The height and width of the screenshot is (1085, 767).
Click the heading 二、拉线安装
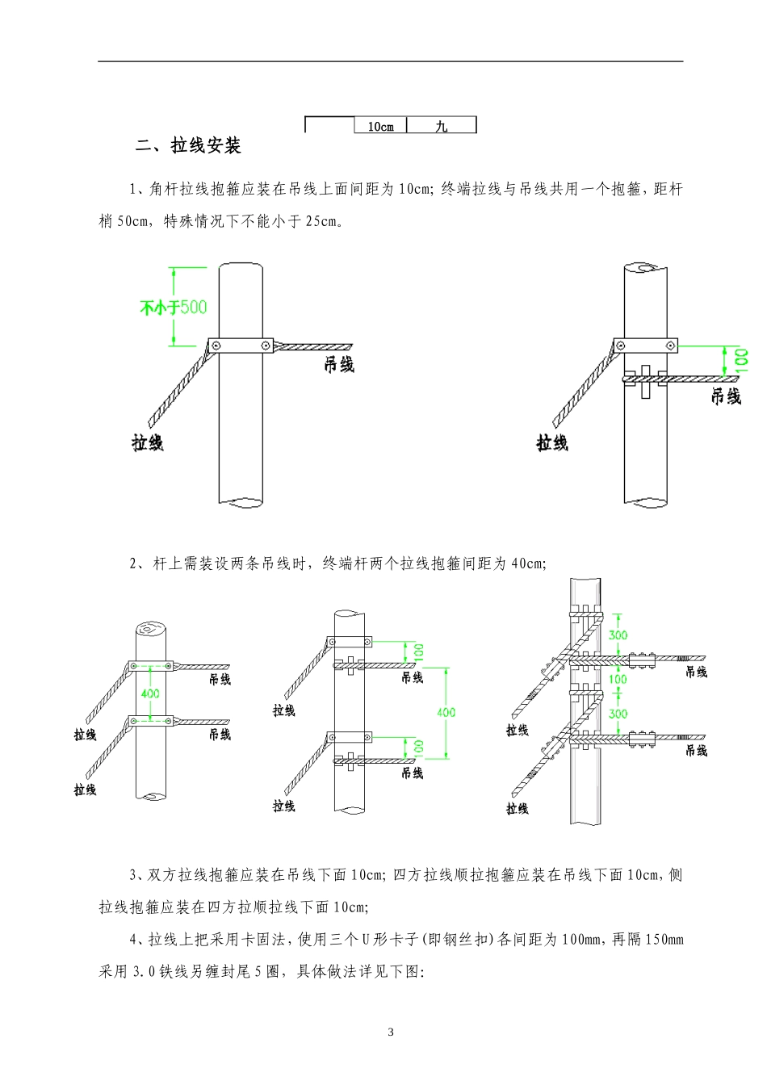point(189,146)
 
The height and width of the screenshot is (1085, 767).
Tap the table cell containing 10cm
point(380,127)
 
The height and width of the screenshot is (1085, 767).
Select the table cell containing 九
point(441,127)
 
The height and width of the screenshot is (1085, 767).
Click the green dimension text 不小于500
point(174,308)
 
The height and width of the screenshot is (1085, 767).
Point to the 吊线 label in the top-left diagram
point(339,365)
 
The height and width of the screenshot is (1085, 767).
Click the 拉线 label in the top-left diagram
point(148,442)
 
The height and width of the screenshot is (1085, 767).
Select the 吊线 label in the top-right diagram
point(726,396)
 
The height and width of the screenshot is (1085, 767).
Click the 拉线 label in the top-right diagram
point(552,442)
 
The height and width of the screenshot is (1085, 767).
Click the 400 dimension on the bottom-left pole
point(150,693)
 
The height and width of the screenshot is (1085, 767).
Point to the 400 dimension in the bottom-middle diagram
point(446,712)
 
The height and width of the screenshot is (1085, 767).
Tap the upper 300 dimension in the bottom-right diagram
point(618,635)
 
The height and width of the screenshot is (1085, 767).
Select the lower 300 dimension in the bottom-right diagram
point(618,714)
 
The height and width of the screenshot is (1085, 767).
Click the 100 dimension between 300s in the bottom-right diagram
point(618,679)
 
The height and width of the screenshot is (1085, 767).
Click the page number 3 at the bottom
point(391,1032)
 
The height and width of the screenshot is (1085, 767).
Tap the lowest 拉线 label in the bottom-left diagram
point(85,790)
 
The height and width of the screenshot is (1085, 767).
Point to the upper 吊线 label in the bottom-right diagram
point(696,672)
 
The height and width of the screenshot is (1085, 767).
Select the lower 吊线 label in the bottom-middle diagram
point(412,773)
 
